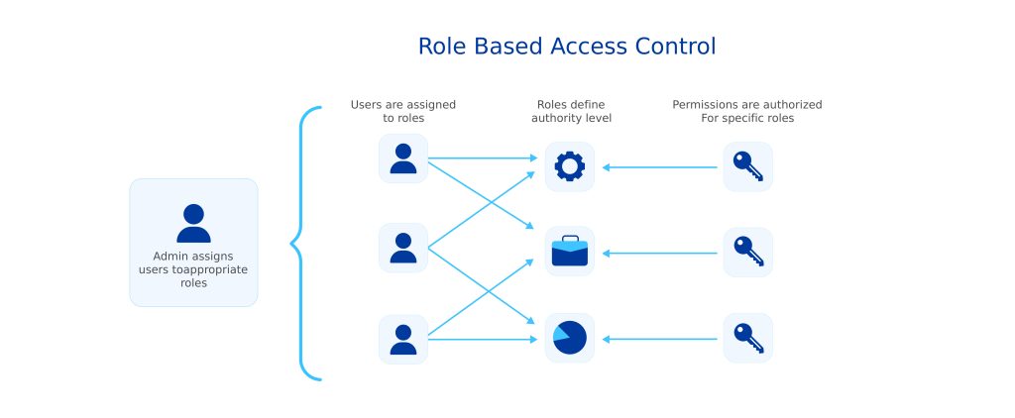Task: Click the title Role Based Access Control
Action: pos(566,47)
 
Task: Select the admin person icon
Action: pos(193,223)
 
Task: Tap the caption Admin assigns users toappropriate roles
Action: pos(193,269)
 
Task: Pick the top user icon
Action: pos(403,158)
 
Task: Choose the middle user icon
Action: pos(403,248)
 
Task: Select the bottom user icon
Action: pos(403,339)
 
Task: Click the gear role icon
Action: pos(569,166)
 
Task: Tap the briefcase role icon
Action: pos(569,253)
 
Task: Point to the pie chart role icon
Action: pos(569,338)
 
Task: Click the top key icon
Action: pos(747,166)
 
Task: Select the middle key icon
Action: pos(747,253)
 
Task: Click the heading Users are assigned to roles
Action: pos(403,111)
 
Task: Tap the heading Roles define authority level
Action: pos(571,111)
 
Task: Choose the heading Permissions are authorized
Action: pos(746,104)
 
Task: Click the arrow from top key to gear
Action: pos(659,167)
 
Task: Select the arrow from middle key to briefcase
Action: pos(659,254)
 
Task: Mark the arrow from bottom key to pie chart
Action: pos(659,340)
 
